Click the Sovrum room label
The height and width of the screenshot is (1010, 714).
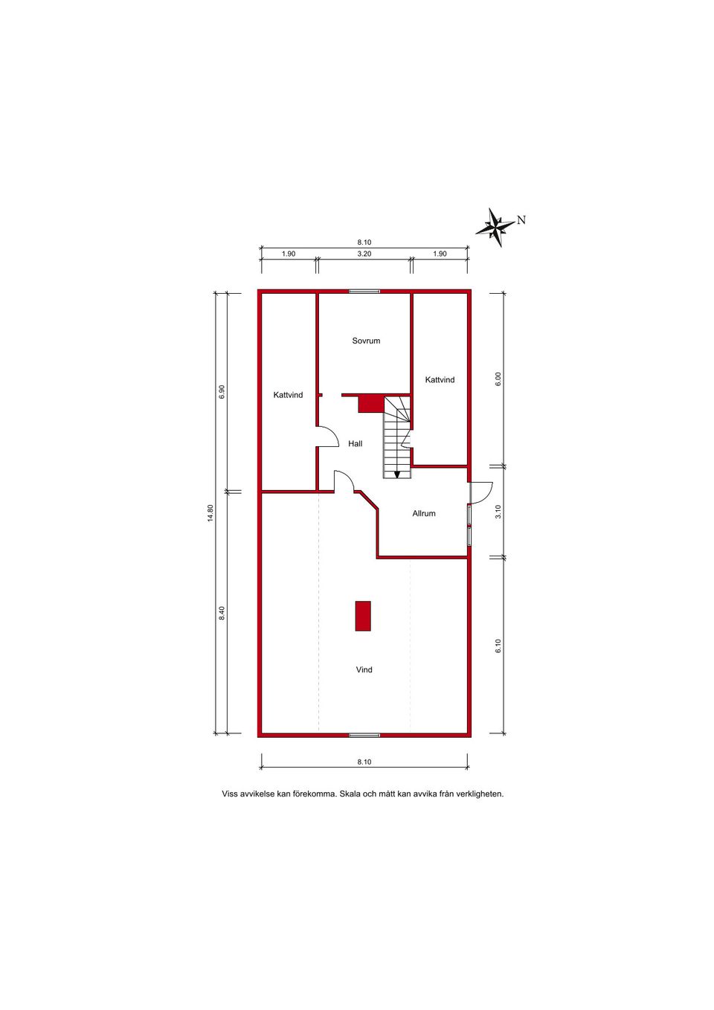click(x=366, y=341)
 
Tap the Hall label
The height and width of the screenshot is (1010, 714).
click(x=356, y=444)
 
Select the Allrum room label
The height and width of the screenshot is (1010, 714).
click(x=424, y=513)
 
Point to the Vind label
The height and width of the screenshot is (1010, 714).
click(x=364, y=669)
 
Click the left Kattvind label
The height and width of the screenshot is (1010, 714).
click(x=288, y=395)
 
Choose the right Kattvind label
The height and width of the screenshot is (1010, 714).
click(x=440, y=379)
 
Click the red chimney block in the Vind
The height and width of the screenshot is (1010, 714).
click(x=363, y=616)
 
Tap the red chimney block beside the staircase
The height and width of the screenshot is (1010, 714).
click(x=370, y=403)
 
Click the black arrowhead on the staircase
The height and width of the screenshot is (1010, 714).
click(x=397, y=475)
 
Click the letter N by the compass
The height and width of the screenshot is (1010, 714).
click(x=521, y=220)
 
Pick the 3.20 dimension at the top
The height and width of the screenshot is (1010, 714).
click(x=364, y=254)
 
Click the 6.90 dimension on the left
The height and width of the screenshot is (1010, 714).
click(x=222, y=391)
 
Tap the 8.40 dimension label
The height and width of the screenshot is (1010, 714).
click(x=222, y=613)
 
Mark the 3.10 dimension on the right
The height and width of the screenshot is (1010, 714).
click(x=498, y=512)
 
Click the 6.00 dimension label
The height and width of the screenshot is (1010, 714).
click(x=498, y=379)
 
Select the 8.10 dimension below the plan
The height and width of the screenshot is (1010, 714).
click(x=364, y=762)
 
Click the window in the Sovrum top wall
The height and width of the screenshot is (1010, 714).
click(x=364, y=292)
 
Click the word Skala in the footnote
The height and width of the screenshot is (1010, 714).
click(x=350, y=794)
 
